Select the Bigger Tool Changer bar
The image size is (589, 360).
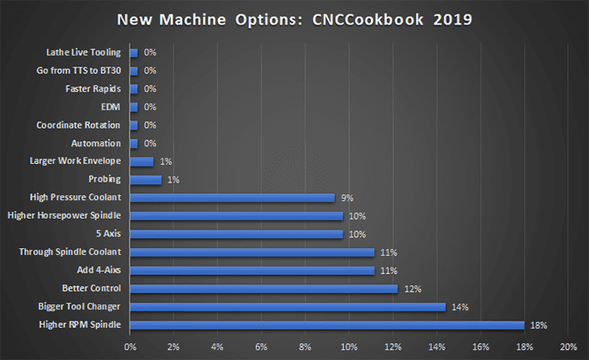tap(287, 306)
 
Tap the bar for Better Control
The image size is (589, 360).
tap(263, 289)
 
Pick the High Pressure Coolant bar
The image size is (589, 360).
tap(232, 198)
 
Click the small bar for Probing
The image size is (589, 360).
tap(146, 179)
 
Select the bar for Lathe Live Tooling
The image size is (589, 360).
tap(134, 52)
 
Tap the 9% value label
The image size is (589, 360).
tap(347, 198)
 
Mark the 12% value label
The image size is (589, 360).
tap(411, 289)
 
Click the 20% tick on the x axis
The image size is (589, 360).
tap(568, 346)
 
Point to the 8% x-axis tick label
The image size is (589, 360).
tap(305, 346)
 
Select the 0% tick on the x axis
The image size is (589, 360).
tap(130, 346)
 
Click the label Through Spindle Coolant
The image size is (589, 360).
tap(71, 252)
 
